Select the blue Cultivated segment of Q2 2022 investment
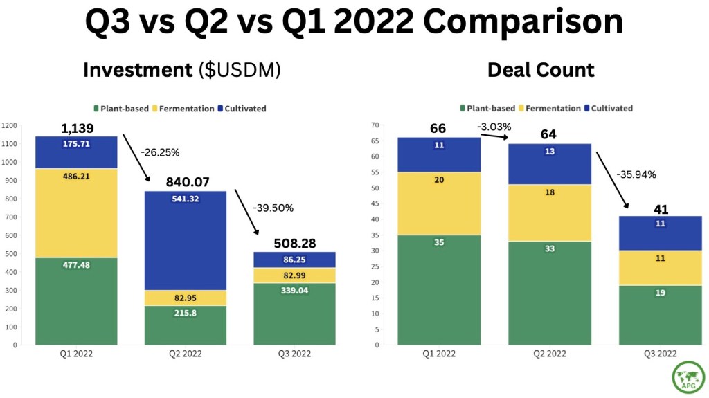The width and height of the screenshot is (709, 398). tap(186, 241)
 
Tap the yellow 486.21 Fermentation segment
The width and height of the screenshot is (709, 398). tap(76, 213)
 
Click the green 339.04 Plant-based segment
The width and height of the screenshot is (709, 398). tap(294, 314)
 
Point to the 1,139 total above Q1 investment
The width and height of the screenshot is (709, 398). tap(78, 129)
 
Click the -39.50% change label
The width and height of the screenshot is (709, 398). tap(273, 208)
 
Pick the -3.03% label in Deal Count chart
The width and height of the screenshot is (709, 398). tap(494, 127)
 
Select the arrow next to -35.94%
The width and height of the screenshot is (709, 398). tap(612, 180)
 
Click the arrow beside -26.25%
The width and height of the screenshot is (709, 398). tap(136, 158)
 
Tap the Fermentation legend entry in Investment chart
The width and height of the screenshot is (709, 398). tap(183, 109)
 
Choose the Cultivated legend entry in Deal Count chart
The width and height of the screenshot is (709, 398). tap(609, 109)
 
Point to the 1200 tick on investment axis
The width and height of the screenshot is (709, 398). tap(9, 126)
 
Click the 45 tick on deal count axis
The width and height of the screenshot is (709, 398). tap(375, 204)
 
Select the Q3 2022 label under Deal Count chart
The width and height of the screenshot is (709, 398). tap(660, 354)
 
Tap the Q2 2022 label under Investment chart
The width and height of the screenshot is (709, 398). tap(186, 354)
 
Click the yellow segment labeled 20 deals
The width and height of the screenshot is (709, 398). tap(439, 203)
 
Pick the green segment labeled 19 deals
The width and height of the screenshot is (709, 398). tap(660, 315)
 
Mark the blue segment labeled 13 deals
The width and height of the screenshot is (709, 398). tap(549, 164)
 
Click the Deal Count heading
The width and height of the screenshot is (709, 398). tap(541, 70)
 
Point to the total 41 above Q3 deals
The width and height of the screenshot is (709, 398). tap(661, 210)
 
